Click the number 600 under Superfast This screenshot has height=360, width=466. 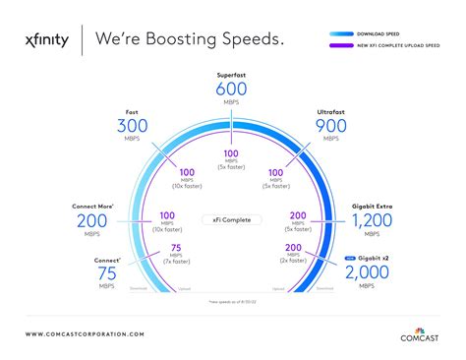coord(232,90)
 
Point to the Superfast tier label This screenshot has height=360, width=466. coord(232,74)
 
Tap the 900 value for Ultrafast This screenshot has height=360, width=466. coord(329,126)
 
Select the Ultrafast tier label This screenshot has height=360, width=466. coord(329,111)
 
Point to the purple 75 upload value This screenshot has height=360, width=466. coord(174,248)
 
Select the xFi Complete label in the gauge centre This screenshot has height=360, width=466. coord(232,219)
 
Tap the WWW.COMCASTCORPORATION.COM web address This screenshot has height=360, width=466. coord(85,334)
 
